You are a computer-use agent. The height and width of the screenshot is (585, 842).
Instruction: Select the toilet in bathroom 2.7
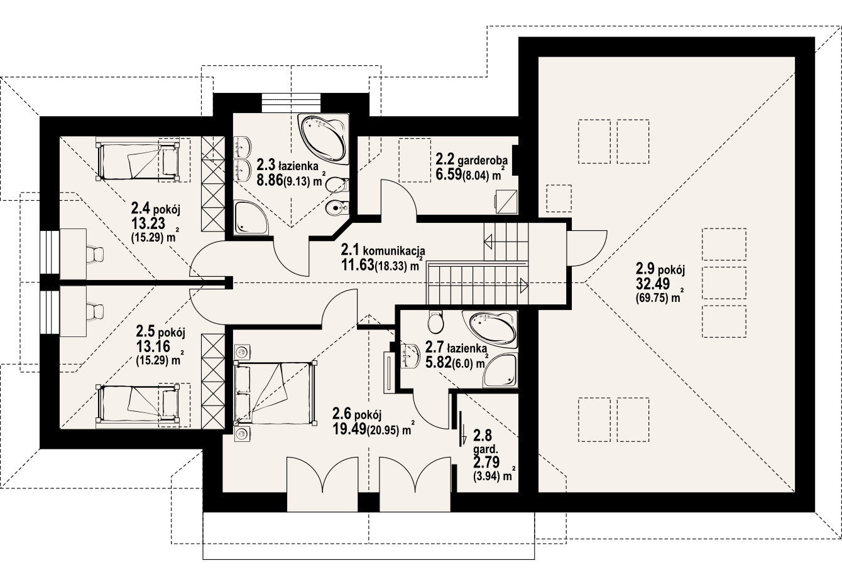(435, 323)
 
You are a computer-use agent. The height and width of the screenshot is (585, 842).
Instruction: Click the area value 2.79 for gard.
(486, 463)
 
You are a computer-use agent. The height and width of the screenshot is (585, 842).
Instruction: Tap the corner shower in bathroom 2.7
(503, 371)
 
